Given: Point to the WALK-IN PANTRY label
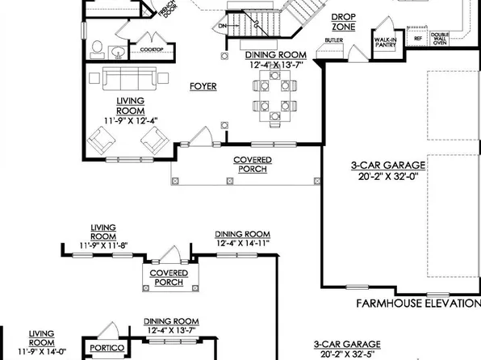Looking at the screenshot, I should pyautogui.click(x=384, y=42).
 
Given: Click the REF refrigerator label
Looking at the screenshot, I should pyautogui.click(x=417, y=37).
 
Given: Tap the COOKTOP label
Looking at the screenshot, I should pyautogui.click(x=150, y=49).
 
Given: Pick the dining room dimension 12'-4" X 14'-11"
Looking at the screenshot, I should pyautogui.click(x=243, y=242).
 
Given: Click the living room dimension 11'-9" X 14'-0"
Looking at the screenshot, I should pyautogui.click(x=41, y=353).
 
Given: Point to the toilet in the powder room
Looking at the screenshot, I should pyautogui.click(x=98, y=49).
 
